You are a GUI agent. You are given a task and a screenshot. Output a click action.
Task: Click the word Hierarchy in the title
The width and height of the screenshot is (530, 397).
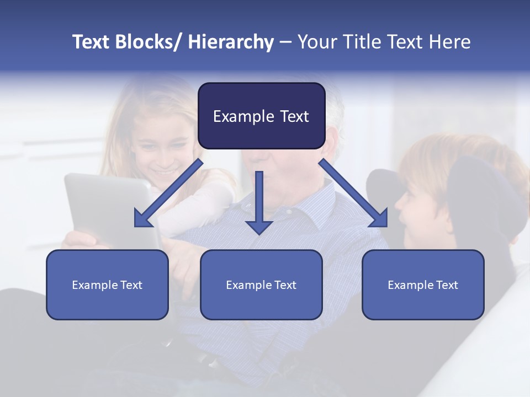point(231,42)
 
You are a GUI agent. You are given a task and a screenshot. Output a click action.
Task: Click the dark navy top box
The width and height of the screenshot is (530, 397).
point(261,116)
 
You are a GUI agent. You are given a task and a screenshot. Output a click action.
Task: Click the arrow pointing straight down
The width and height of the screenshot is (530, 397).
point(259,204)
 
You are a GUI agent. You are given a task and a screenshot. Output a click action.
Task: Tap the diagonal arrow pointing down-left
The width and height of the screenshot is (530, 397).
point(168,194)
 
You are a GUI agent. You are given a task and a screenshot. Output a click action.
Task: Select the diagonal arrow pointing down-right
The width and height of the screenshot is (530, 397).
point(353,194)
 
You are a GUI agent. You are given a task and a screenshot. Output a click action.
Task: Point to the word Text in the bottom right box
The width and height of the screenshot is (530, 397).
point(446,285)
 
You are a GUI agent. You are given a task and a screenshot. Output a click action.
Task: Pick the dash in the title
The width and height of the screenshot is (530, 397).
point(285,42)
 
